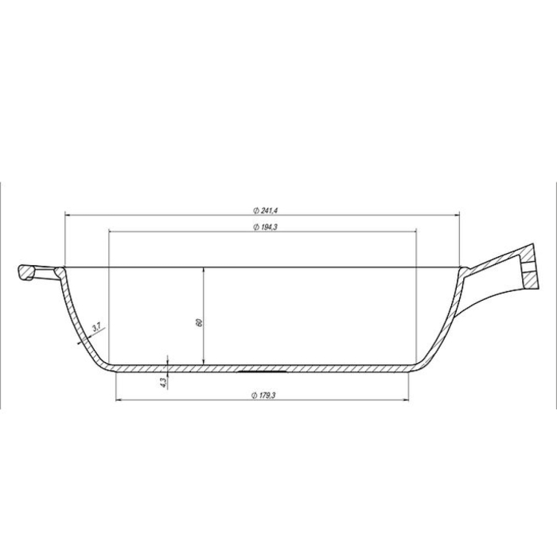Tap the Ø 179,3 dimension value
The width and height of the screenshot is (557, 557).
[x=264, y=395]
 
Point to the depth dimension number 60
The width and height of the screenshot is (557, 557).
[x=199, y=322]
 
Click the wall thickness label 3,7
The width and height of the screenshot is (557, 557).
[x=96, y=327]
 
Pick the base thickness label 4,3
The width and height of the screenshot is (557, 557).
[x=164, y=382]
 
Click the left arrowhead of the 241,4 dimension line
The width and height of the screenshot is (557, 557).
[x=68, y=215]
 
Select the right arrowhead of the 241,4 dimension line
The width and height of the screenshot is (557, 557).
[x=458, y=215]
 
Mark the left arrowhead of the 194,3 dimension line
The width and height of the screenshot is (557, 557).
[x=111, y=232]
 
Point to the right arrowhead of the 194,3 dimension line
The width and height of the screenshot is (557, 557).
[x=414, y=232]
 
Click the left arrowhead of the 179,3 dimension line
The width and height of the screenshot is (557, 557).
[x=119, y=399]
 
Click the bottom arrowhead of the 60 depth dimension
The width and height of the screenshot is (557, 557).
[x=205, y=362]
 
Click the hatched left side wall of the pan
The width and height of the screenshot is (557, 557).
[x=80, y=318]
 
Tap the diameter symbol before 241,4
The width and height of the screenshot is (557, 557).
[x=253, y=210]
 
